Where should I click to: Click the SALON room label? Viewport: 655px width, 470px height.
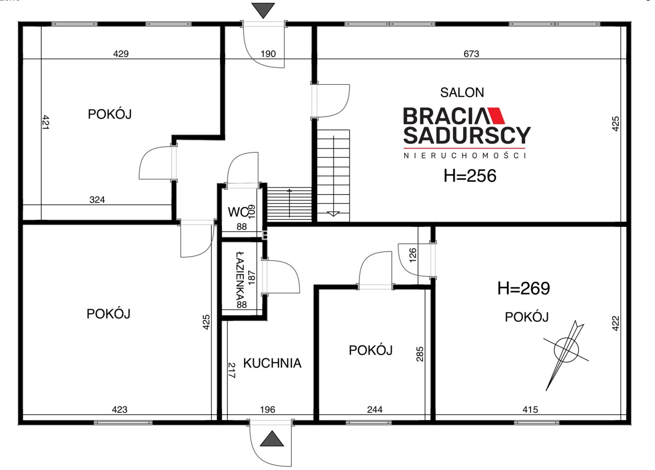(x=462, y=93)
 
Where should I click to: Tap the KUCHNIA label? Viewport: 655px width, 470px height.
(x=272, y=363)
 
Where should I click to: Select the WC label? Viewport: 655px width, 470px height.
(x=238, y=212)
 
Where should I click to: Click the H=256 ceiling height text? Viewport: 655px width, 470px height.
(x=470, y=176)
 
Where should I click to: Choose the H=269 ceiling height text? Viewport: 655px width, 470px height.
(x=523, y=289)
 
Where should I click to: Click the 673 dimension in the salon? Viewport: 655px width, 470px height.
(x=471, y=54)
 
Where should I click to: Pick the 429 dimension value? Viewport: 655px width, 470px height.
(x=121, y=54)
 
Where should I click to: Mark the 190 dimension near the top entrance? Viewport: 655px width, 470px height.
(x=268, y=54)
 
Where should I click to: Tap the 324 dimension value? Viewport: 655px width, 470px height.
(x=97, y=200)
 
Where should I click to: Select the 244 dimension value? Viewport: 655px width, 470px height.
(x=375, y=410)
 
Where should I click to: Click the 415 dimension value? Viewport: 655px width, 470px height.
(x=530, y=410)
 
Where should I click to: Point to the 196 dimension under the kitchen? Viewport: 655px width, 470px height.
(x=268, y=410)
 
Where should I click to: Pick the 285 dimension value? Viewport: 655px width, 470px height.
(x=420, y=354)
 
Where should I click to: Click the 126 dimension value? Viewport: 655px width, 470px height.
(x=412, y=255)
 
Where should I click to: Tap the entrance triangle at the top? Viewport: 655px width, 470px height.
(x=263, y=10)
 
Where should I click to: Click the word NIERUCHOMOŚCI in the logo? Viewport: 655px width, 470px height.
(x=465, y=155)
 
